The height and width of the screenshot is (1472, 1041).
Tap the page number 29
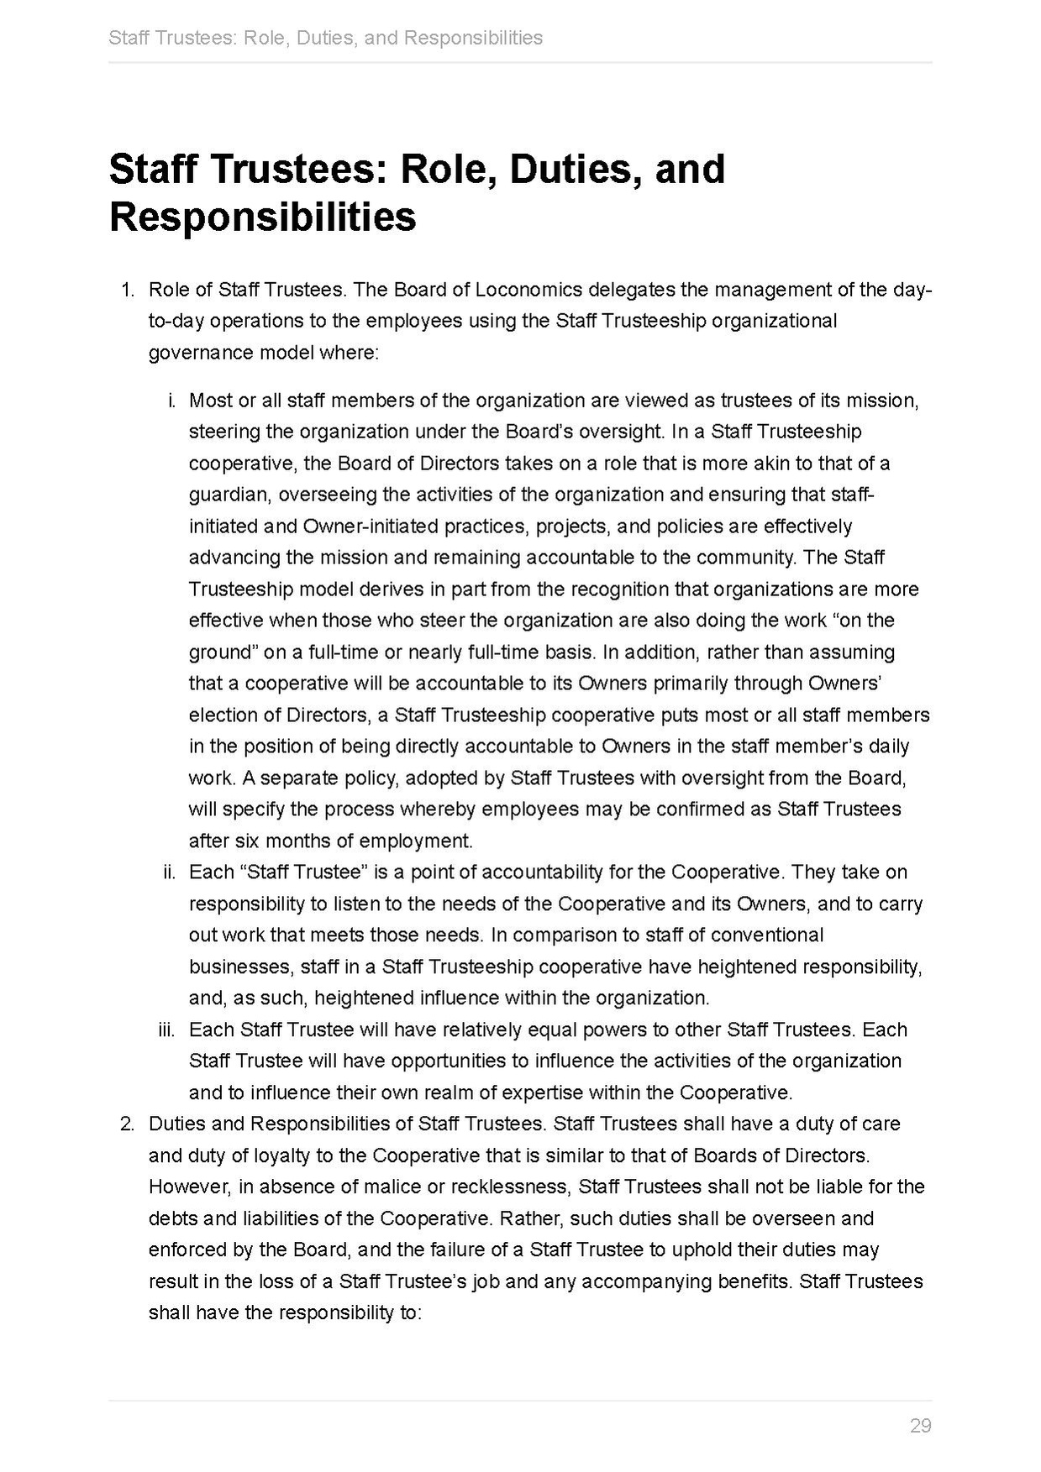coord(920,1426)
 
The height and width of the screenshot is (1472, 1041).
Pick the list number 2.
coord(127,1124)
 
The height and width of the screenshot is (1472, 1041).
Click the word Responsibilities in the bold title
coord(263,217)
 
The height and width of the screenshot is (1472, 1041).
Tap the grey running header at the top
coord(325,38)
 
